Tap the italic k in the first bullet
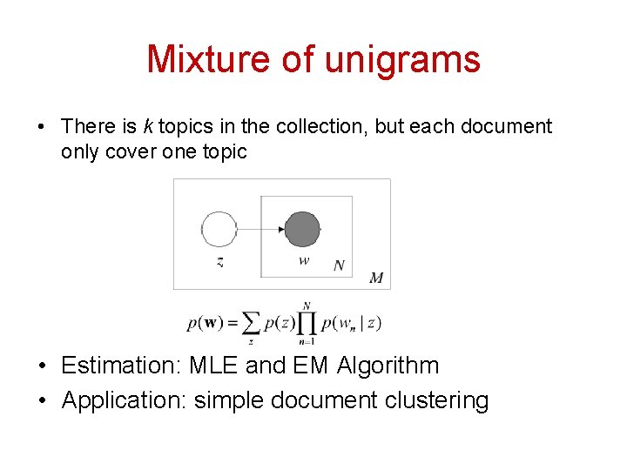tap(147, 126)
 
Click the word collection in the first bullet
tap(322, 126)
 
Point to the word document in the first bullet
tap(506, 126)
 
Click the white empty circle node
tap(219, 230)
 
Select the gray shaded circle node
tap(303, 229)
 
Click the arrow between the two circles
tap(261, 230)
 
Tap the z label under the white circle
tap(219, 262)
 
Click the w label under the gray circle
tap(303, 261)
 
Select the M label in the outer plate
tap(376, 279)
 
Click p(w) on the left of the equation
tap(206, 324)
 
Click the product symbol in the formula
tap(307, 324)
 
